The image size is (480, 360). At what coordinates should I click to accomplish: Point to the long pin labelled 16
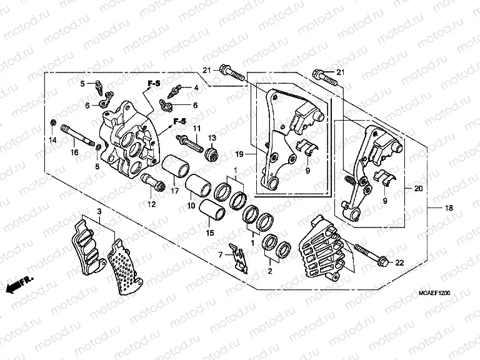point(79,138)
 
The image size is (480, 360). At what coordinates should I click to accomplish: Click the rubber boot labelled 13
point(211,152)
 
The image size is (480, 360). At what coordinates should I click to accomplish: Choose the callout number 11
point(196,128)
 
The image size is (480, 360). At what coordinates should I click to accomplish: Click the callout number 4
point(196,87)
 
